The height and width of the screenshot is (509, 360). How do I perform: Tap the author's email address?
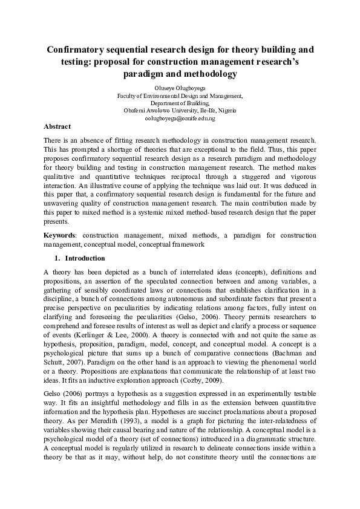180,118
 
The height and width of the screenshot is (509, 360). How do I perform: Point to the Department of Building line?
180,103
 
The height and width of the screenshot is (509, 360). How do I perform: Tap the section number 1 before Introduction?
57,258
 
